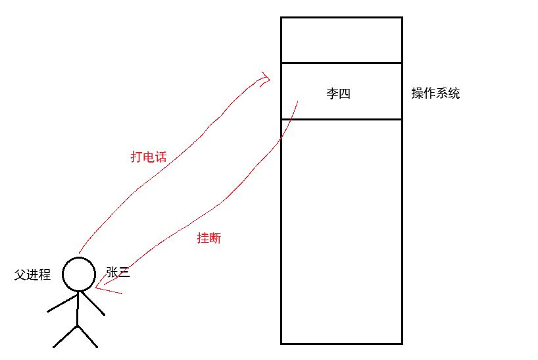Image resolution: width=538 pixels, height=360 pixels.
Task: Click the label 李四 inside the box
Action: (x=338, y=93)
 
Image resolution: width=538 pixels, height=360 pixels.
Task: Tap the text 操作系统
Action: (x=435, y=93)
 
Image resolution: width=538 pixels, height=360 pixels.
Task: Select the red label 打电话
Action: (x=148, y=157)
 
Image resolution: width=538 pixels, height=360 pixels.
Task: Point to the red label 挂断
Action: (x=209, y=238)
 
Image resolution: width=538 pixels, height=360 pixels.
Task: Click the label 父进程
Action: (x=33, y=275)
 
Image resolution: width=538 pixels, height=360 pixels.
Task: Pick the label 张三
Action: (x=118, y=272)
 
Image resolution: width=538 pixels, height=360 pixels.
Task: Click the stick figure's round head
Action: (x=79, y=274)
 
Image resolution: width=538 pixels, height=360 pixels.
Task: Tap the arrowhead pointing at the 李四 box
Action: (x=265, y=80)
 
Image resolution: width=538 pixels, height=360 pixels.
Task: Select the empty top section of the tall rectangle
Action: (x=341, y=39)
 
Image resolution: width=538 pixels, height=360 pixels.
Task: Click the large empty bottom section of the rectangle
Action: (x=341, y=230)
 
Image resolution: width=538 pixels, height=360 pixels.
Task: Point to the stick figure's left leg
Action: (x=65, y=336)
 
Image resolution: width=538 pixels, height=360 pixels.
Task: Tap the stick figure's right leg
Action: (x=87, y=336)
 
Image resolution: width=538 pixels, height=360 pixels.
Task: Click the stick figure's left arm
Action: (x=62, y=302)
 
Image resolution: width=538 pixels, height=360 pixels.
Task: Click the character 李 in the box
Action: (x=332, y=93)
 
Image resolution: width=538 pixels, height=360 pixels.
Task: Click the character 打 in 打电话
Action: (x=136, y=157)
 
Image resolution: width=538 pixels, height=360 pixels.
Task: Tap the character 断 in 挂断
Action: (x=215, y=238)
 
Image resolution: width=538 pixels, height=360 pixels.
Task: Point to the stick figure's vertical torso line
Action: (x=78, y=308)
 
